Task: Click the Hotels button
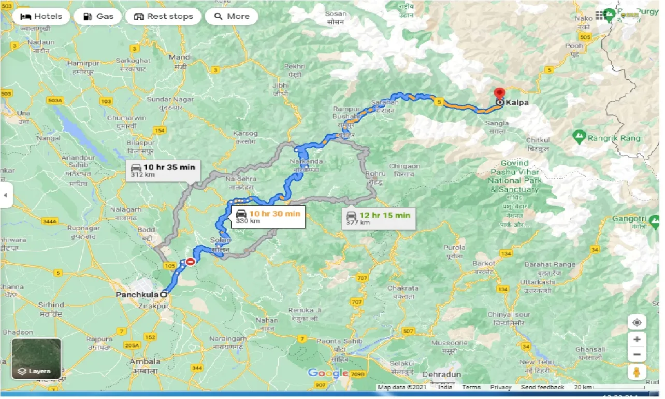point(41,17)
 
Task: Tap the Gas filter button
point(97,17)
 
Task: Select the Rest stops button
point(163,17)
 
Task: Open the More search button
point(232,17)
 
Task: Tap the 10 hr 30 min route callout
point(268,216)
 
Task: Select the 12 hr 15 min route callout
point(379,218)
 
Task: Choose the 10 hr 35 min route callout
point(163,170)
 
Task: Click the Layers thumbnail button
point(36,359)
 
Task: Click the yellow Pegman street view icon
point(637,372)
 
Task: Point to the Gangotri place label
point(629,220)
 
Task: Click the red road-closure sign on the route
point(190,262)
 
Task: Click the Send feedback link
point(543,387)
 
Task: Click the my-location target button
point(637,322)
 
